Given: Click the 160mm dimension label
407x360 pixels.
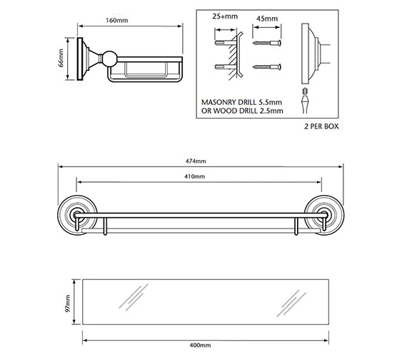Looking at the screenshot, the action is tap(116, 20).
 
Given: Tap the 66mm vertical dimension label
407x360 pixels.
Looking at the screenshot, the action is tap(61, 58).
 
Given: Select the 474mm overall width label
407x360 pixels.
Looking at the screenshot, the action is tap(196, 161).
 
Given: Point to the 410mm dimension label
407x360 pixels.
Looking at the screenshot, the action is tap(195, 176).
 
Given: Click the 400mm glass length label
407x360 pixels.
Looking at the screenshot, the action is tap(200, 345).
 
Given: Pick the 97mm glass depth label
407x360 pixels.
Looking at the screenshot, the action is tap(68, 304).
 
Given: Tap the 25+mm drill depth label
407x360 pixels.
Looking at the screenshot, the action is tap(225, 16).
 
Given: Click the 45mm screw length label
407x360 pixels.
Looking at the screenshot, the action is tap(267, 19).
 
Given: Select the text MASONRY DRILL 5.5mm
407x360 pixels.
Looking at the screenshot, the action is tap(241, 102).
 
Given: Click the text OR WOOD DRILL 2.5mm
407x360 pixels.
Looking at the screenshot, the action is tap(242, 111).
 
